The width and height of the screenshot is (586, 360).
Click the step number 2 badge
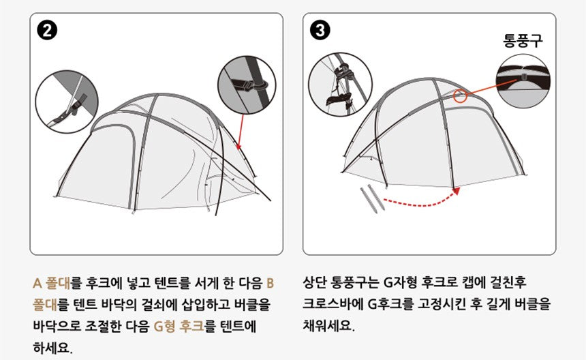pyautogui.click(x=49, y=31)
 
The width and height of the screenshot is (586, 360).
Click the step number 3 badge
pyautogui.click(x=321, y=31)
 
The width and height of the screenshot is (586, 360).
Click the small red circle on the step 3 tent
pyautogui.click(x=461, y=96)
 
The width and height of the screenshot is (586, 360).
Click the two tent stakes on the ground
pyautogui.click(x=371, y=196)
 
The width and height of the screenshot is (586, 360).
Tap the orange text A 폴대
pyautogui.click(x=51, y=282)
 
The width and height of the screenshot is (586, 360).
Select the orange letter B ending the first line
pyautogui.click(x=270, y=282)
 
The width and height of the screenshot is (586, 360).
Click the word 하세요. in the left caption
pyautogui.click(x=53, y=348)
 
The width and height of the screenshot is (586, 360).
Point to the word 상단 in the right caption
pyautogui.click(x=315, y=282)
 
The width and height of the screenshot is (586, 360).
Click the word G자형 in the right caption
pyautogui.click(x=403, y=282)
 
